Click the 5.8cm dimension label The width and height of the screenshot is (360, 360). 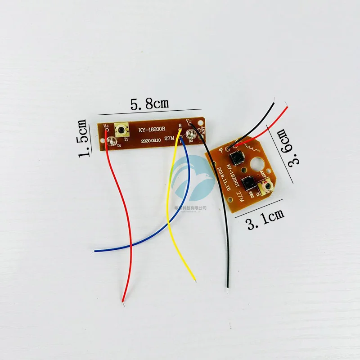[149, 104]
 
